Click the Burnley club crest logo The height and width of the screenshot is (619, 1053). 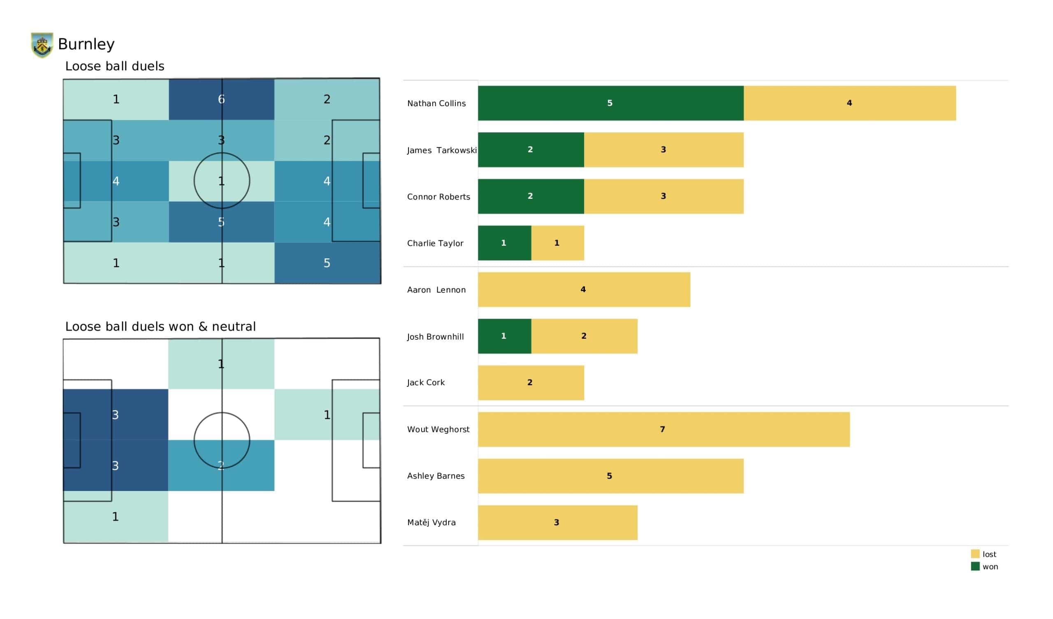[x=42, y=45]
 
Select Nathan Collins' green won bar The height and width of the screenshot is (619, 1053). [x=610, y=103]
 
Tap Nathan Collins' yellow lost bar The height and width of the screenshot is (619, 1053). [x=849, y=103]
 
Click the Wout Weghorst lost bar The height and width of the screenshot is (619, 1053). [x=663, y=430]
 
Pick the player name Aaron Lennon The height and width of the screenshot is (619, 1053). [x=436, y=290]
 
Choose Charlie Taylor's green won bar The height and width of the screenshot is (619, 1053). [x=504, y=243]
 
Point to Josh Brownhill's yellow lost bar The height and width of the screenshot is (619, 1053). [x=584, y=336]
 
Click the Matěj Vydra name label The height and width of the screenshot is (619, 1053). [x=431, y=522]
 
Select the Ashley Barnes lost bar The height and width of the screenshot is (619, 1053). [x=610, y=476]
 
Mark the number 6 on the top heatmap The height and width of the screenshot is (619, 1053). [x=221, y=99]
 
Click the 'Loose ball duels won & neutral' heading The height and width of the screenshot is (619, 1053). [x=160, y=326]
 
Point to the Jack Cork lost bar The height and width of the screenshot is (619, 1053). [x=531, y=383]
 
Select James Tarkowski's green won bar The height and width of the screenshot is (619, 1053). [x=531, y=150]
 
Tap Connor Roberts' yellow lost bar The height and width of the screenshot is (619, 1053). [x=663, y=197]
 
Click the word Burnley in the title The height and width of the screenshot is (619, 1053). [x=86, y=44]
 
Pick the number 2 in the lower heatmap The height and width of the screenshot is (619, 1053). [x=221, y=465]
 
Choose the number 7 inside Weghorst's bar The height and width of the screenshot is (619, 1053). [x=662, y=429]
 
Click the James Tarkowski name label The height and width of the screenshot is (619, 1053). [x=442, y=150]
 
